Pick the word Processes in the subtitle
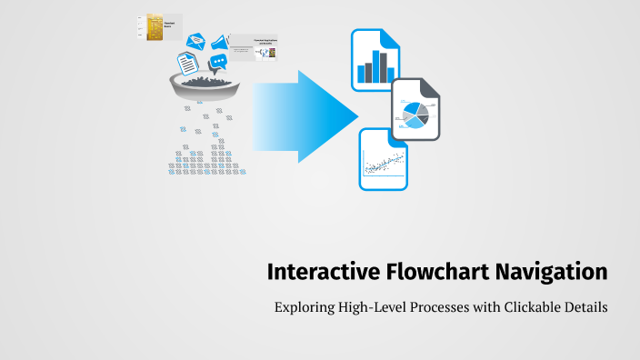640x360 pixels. click(x=450, y=308)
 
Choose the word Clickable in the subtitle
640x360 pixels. click(x=529, y=308)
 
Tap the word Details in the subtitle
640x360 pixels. click(x=586, y=308)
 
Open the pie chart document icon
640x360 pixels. click(x=416, y=110)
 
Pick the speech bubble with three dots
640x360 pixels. click(x=218, y=63)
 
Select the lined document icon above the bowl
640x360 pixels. click(x=187, y=63)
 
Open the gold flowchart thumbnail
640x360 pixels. click(x=160, y=26)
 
